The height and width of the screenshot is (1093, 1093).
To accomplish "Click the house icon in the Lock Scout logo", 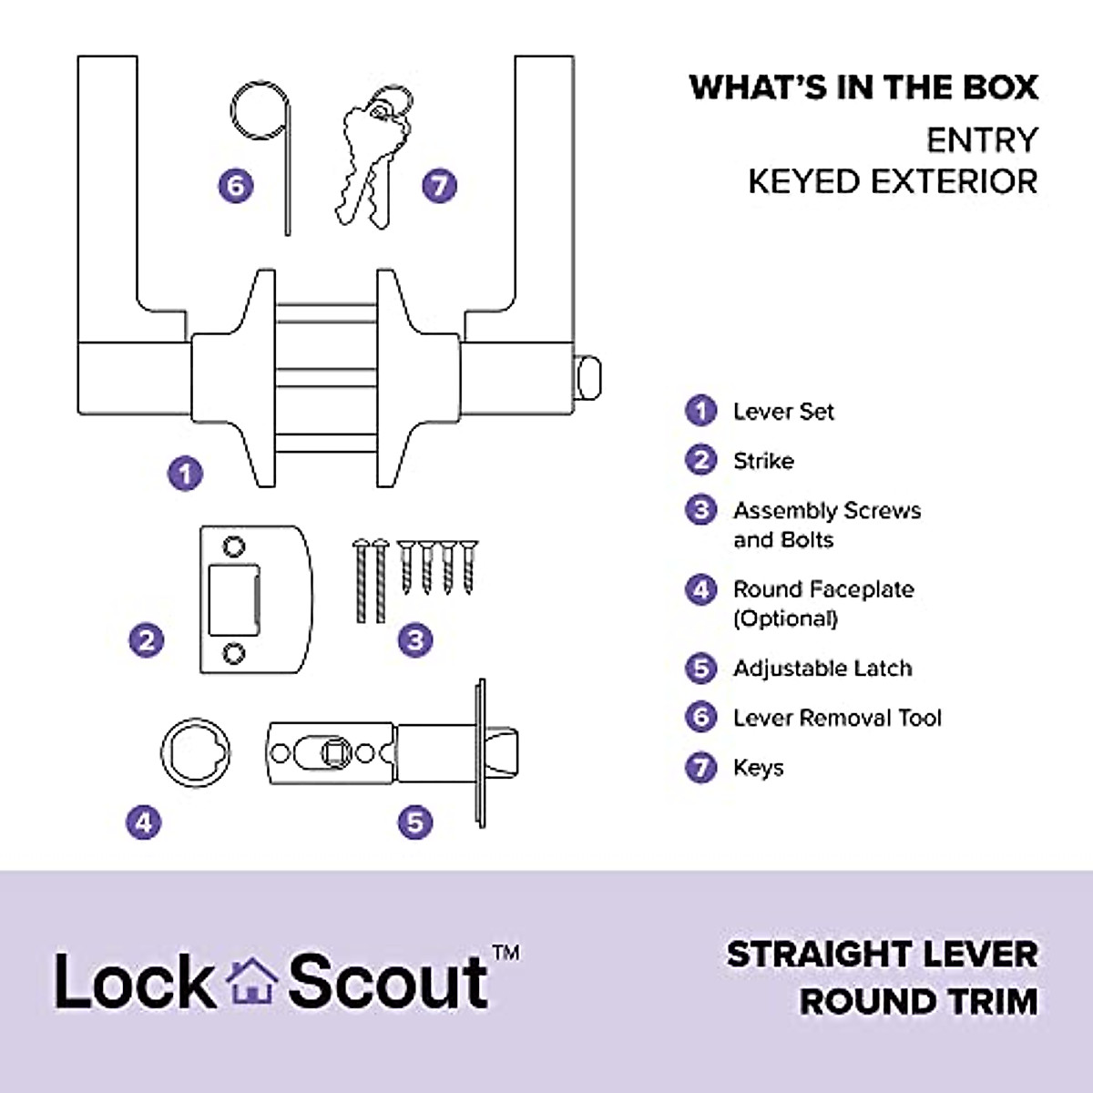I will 251,982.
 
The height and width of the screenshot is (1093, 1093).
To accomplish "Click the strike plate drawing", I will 255,598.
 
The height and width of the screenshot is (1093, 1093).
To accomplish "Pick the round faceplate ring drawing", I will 196,752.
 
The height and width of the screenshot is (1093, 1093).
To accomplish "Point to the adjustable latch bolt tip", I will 506,752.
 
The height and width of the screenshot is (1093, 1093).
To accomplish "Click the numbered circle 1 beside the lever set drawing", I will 186,474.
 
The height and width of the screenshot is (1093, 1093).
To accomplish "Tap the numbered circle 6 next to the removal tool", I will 236,186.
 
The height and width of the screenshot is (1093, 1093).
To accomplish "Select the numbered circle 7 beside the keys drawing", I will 439,186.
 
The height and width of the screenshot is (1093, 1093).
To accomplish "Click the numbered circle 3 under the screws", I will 415,639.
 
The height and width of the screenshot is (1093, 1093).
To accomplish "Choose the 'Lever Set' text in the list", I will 783,412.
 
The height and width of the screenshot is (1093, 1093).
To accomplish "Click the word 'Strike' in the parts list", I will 763,461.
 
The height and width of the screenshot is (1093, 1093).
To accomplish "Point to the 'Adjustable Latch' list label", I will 822,669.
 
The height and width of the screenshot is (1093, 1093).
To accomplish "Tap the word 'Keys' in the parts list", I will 758,768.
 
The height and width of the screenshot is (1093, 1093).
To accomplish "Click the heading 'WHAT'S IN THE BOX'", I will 863,87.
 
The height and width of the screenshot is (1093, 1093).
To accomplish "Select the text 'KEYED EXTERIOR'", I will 893,181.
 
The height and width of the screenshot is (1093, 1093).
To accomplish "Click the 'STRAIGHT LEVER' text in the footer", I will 882,955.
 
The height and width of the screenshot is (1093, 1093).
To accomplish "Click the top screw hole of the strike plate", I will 234,546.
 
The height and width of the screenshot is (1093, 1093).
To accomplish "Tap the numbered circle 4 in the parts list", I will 700,590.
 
